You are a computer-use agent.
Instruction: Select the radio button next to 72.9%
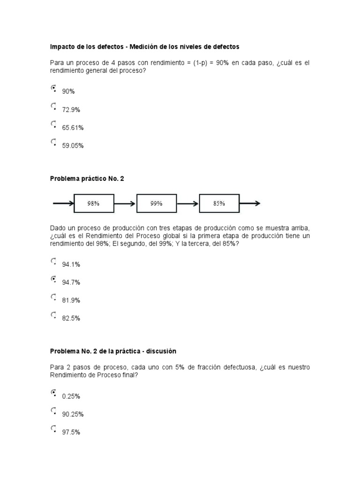tap(53, 106)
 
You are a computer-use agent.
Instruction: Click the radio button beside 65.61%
tap(53, 124)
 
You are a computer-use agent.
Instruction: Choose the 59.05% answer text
tap(73, 146)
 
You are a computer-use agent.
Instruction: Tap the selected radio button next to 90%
tap(53, 88)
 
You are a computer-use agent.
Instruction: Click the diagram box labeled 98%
tap(93, 203)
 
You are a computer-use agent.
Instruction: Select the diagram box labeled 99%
tap(157, 203)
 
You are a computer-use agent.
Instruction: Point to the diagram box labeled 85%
tap(219, 203)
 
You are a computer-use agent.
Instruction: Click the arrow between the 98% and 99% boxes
tap(125, 203)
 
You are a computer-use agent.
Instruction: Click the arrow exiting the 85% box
tap(250, 203)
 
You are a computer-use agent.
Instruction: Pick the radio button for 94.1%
tap(53, 261)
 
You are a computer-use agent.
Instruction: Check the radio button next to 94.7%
tap(53, 279)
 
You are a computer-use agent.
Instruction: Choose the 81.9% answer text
tap(71, 300)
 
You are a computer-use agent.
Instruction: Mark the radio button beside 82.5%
tap(53, 315)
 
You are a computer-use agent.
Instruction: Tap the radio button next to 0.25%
tap(53, 393)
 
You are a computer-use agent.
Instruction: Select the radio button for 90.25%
tap(53, 411)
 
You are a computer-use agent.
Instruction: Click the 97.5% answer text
tap(71, 432)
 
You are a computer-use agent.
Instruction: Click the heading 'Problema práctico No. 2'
tap(87, 179)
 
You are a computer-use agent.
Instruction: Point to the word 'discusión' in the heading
tap(160, 351)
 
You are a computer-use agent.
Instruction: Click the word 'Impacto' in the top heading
tap(61, 47)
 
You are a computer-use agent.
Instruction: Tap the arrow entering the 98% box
tap(63, 203)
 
